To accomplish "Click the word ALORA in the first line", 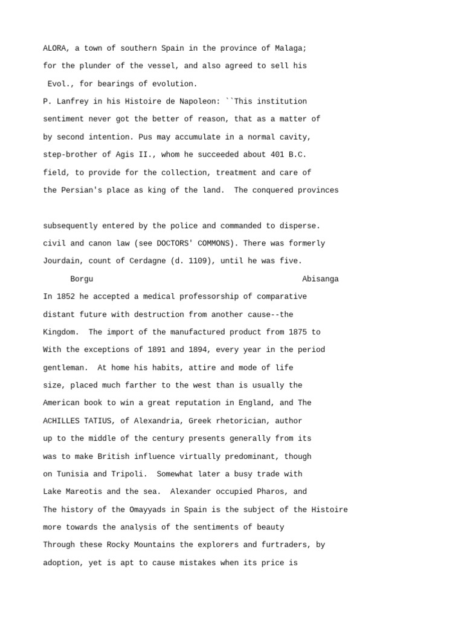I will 54,48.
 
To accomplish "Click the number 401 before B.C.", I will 270,155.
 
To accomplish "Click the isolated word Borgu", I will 82,279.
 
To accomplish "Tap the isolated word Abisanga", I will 320,279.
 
